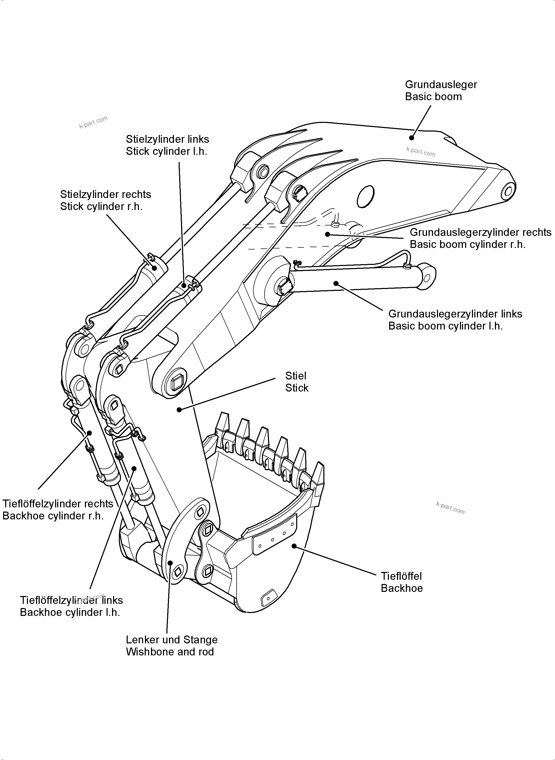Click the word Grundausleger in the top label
coord(441,84)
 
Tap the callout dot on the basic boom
coord(411,137)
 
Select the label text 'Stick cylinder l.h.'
coord(167,151)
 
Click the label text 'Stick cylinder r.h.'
coord(101,207)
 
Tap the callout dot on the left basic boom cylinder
coord(336,283)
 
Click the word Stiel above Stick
coord(296,376)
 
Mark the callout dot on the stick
coord(179,410)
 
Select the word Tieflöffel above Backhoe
coord(401,576)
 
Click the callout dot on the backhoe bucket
coord(294,546)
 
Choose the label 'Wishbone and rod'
coord(170,652)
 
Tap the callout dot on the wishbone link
coord(170,563)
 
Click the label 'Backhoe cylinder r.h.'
coord(53,516)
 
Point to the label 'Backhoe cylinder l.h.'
coord(70,612)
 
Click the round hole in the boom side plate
coord(365,196)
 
